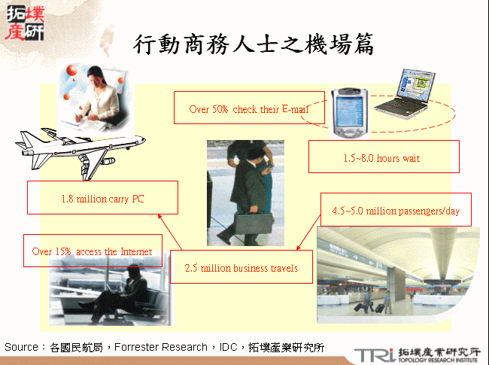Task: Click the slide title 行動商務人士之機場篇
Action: click(254, 44)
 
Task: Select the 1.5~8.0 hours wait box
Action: click(384, 158)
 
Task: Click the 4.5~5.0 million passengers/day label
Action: click(396, 210)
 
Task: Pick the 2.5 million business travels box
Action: click(241, 268)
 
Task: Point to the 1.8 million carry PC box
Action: click(102, 199)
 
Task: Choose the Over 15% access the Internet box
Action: click(93, 251)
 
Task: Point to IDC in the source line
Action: click(229, 347)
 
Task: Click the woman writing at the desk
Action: click(102, 98)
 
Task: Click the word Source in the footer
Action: click(21, 347)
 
